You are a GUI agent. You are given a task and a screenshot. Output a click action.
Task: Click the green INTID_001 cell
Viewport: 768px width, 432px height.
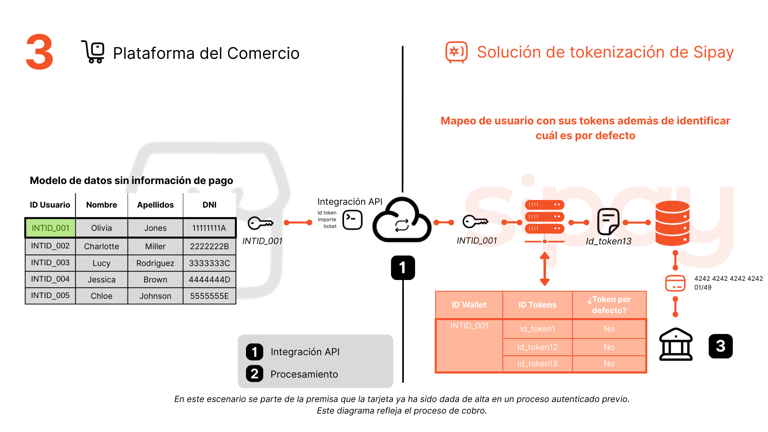point(50,228)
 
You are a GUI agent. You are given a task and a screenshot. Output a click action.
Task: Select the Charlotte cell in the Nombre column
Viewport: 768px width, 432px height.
point(102,246)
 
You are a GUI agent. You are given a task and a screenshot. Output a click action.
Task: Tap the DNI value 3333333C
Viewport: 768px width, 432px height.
point(209,263)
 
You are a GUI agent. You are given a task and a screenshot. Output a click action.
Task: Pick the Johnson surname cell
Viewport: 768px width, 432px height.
point(155,296)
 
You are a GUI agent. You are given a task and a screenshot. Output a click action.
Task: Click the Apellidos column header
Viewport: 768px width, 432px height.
point(155,205)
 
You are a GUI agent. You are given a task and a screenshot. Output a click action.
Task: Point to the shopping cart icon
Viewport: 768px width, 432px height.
point(93,52)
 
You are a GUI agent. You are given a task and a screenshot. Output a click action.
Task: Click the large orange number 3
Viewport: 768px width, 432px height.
point(40,52)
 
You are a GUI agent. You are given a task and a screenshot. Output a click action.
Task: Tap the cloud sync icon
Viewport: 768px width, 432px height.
point(402,221)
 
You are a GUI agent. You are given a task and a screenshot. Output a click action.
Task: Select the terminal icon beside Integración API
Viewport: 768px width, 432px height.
point(352,220)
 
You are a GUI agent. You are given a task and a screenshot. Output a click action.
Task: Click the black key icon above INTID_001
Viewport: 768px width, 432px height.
point(260,223)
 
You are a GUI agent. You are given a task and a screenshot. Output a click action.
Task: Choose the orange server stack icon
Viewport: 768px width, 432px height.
point(544,217)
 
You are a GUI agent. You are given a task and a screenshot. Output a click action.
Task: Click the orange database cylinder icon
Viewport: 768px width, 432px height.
point(672,223)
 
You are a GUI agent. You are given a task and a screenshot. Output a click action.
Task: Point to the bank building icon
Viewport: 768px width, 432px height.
point(676,344)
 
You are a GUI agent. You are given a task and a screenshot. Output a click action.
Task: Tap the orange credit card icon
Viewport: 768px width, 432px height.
point(675,284)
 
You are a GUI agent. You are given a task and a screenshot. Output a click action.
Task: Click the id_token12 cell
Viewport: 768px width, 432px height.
point(537,347)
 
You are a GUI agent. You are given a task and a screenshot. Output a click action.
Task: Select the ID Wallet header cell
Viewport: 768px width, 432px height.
point(469,305)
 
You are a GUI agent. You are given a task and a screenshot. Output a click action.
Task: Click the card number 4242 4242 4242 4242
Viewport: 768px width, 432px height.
point(728,278)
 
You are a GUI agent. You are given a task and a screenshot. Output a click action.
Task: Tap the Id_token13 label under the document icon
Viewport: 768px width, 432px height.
point(608,241)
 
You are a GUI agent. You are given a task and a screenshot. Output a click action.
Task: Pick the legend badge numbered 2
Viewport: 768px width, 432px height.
point(255,374)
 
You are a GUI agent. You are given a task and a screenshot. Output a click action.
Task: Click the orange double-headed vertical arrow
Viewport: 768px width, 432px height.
point(544,269)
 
